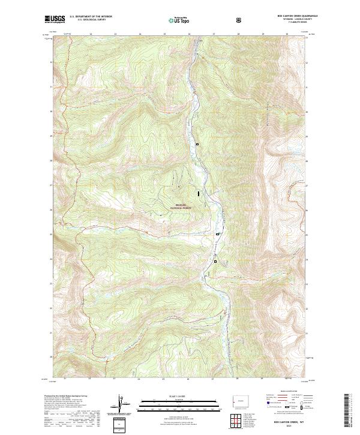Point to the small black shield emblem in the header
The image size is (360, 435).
tap(240, 20)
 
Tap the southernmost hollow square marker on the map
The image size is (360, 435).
tap(215, 261)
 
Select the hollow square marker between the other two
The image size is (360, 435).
tap(218, 233)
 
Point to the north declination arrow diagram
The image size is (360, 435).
tap(122, 405)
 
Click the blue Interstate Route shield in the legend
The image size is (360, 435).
tap(269, 406)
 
